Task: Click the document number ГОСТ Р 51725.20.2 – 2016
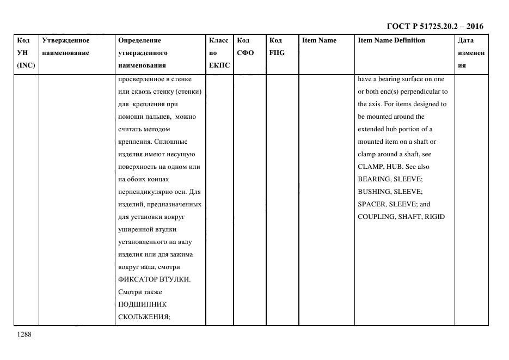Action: tap(434, 26)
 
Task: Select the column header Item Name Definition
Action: tap(391, 40)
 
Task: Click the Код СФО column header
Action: tap(245, 47)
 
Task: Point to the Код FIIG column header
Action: tap(277, 47)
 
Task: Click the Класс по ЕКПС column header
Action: tap(219, 53)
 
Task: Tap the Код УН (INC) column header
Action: tap(26, 53)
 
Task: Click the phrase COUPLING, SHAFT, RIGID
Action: tap(401, 217)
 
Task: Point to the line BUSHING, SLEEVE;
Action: tap(390, 192)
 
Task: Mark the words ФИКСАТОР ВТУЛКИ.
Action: tap(155, 279)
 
